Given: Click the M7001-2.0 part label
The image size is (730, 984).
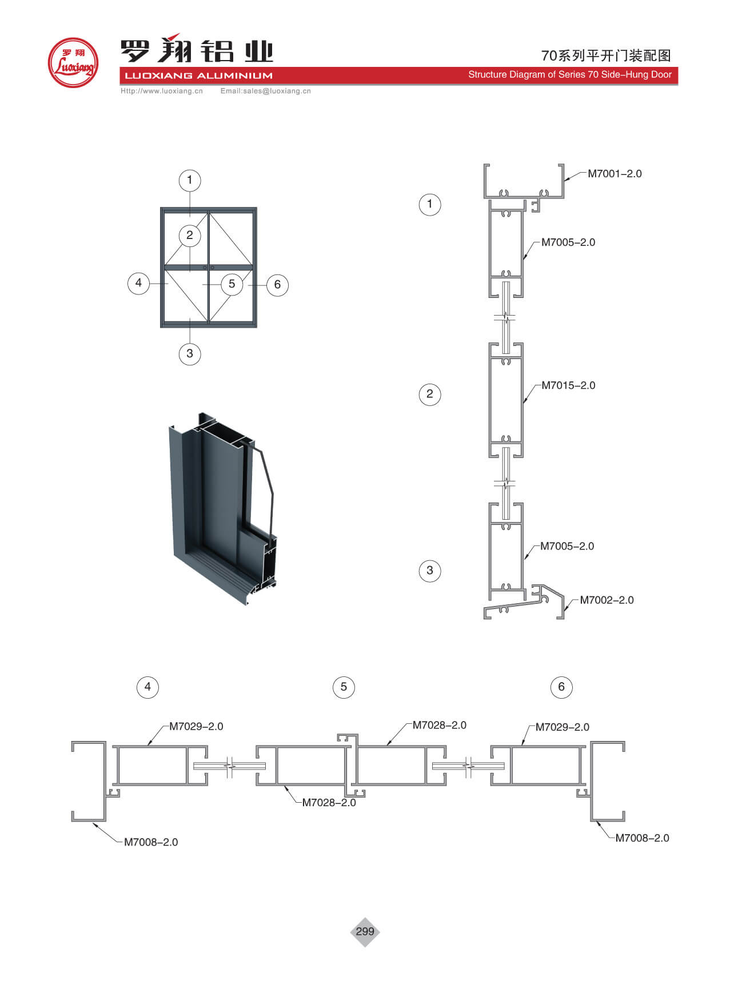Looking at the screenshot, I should coord(615,174).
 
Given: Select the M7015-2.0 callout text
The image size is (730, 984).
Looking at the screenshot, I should coord(568,385).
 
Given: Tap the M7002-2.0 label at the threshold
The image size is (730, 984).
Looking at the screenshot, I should coord(607,600).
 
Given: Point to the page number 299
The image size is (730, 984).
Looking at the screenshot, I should coord(365,931).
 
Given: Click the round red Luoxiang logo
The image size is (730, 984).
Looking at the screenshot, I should coord(73,63).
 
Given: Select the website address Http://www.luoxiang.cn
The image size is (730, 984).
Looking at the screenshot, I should coord(162,91).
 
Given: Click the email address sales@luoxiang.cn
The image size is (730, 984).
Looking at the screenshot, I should coord(265,91).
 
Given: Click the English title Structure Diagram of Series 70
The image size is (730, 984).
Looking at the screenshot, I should coord(569,74).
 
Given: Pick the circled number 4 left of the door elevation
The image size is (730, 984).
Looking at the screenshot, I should coord(138,282).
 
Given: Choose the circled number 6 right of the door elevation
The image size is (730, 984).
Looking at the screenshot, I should coord(277,284).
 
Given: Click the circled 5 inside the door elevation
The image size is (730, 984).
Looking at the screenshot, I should coord(232,284).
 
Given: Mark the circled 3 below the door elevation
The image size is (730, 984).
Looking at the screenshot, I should coord(190,353).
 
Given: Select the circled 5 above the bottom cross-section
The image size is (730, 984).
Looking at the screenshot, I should coord(344,687).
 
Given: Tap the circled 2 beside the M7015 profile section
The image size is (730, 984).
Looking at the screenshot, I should coord(430,394).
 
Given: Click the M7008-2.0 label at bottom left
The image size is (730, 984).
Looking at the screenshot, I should coord(151,842).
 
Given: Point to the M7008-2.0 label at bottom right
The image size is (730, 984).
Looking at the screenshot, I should coord(642,838).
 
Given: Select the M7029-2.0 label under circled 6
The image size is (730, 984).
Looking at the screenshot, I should coord(562,727).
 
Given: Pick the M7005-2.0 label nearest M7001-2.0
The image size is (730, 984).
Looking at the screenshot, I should coord(568,242).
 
